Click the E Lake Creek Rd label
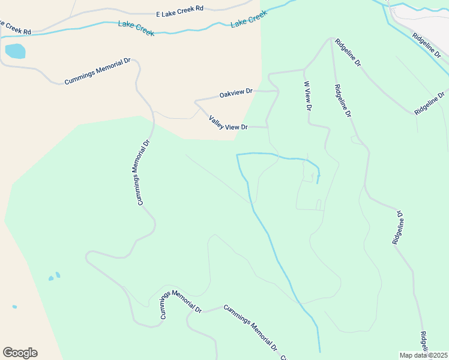point(179,13)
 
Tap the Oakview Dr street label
point(236,94)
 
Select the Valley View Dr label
point(228,124)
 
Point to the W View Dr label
point(307,96)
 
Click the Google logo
point(20,353)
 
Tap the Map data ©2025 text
point(423,355)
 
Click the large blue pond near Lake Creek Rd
point(15,51)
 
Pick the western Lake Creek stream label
point(136,28)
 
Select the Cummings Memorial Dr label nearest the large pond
point(97,71)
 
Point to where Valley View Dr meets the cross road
point(267,127)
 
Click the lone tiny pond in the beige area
point(14,307)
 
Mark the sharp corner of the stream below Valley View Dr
point(237,155)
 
